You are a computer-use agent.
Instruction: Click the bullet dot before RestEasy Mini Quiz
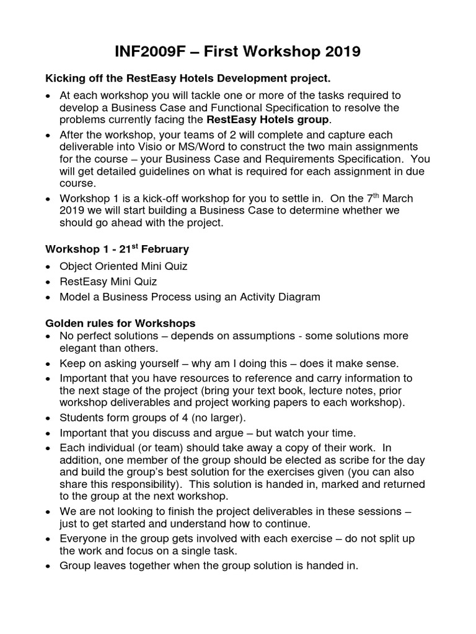49,282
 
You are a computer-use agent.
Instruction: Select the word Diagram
296,297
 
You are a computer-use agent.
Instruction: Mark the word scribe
338,459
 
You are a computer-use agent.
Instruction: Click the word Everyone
84,539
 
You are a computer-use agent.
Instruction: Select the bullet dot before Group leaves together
49,566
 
